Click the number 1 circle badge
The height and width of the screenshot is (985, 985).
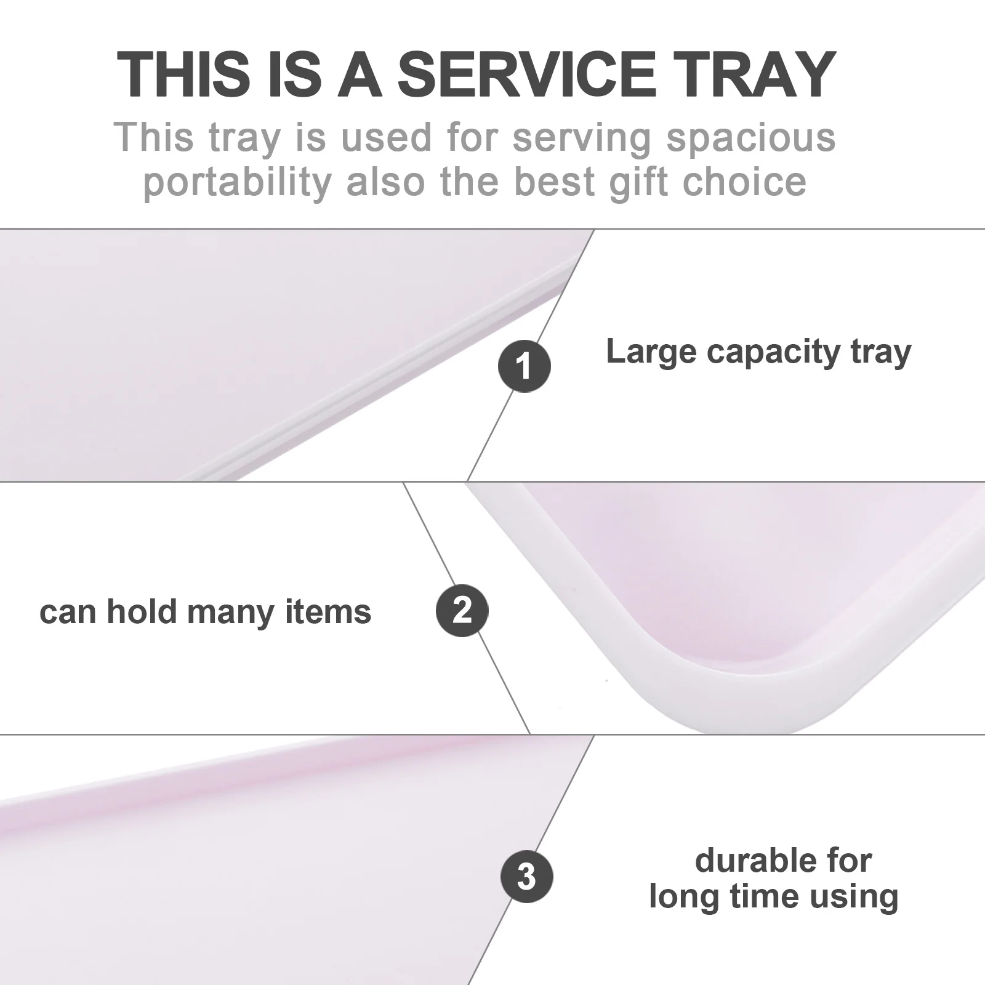click(524, 366)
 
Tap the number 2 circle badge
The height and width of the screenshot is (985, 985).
click(462, 610)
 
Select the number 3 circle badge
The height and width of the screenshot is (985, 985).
click(526, 876)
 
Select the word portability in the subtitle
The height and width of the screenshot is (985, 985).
click(238, 182)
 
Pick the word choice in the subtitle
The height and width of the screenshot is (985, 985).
click(747, 181)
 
